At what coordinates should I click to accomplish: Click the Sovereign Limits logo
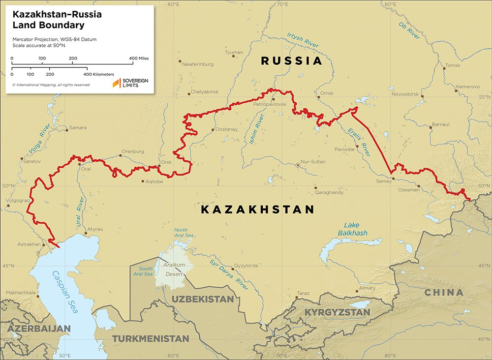[130, 83]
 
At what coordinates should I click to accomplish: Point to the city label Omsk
[327, 93]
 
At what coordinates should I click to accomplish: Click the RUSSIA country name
[291, 61]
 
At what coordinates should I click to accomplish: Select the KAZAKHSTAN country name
[257, 210]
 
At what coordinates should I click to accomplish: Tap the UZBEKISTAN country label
[202, 299]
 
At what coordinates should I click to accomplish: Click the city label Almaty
[367, 288]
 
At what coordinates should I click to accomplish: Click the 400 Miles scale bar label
[139, 59]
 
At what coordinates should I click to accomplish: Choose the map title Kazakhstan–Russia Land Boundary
[57, 20]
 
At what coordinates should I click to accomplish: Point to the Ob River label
[409, 30]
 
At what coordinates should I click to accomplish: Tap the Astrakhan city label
[28, 244]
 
